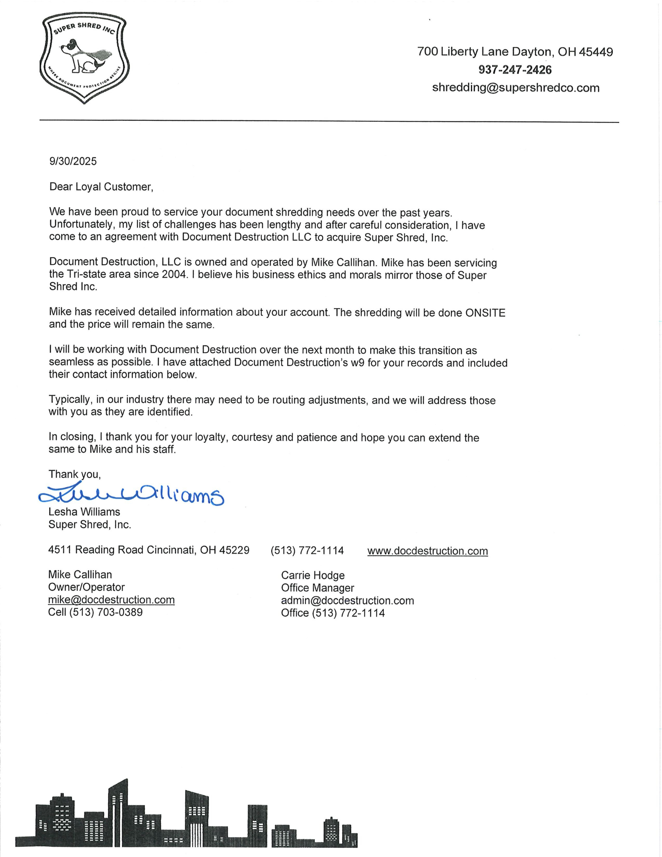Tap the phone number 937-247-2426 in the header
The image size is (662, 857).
pyautogui.click(x=515, y=70)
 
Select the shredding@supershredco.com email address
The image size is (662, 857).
pyautogui.click(x=515, y=88)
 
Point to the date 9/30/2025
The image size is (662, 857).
pyautogui.click(x=73, y=161)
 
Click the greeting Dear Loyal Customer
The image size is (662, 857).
pyautogui.click(x=101, y=187)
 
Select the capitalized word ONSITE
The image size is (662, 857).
pyautogui.click(x=485, y=313)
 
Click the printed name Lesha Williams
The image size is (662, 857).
pyautogui.click(x=84, y=512)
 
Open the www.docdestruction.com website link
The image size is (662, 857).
pyautogui.click(x=427, y=551)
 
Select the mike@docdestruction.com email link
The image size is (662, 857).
pyautogui.click(x=111, y=599)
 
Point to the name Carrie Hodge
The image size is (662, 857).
pyautogui.click(x=313, y=575)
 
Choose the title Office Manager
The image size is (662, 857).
pyautogui.click(x=318, y=588)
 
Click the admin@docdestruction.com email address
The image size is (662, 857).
pyautogui.click(x=347, y=600)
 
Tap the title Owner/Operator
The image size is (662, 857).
pyautogui.click(x=86, y=587)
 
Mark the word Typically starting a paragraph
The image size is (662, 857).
pyautogui.click(x=70, y=400)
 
